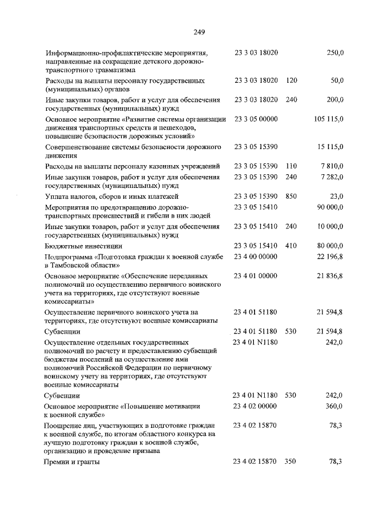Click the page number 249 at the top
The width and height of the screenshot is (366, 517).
[x=199, y=31]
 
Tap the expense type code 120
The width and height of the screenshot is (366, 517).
[x=291, y=81]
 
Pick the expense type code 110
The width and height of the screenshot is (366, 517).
[x=291, y=166]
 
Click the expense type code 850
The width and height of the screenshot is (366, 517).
[x=291, y=196]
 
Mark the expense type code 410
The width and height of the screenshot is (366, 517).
[x=291, y=246]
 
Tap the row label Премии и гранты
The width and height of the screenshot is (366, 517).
[x=72, y=462]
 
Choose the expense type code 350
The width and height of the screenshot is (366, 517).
[x=291, y=462]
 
